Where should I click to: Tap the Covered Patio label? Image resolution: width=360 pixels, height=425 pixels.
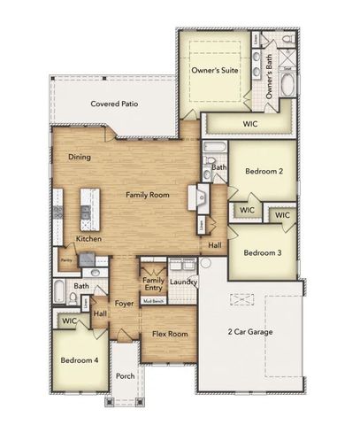[119, 104]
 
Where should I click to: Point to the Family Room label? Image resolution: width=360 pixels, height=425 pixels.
[147, 194]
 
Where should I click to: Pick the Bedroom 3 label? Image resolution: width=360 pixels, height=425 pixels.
[262, 252]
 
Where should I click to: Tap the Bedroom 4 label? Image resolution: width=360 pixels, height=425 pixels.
[79, 361]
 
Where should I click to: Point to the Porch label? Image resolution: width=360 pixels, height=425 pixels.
[126, 376]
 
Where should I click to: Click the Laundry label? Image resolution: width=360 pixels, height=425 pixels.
[182, 282]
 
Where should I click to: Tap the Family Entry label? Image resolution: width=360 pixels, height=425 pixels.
[153, 283]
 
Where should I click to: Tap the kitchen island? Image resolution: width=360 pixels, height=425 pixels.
[87, 205]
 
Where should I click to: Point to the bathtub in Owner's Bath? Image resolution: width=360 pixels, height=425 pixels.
[290, 87]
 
